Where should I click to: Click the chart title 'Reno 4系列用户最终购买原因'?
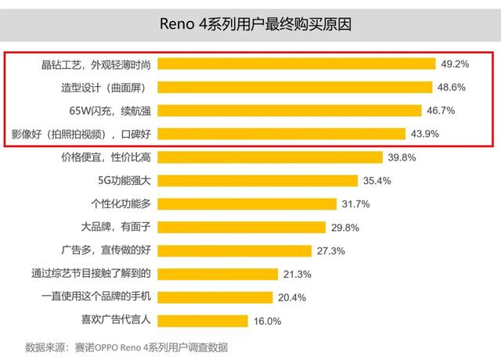pyautogui.click(x=250, y=23)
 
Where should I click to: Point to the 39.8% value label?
pyautogui.click(x=402, y=157)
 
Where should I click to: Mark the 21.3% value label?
pyautogui.click(x=299, y=274)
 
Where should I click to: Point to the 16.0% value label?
pyautogui.click(x=268, y=321)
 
